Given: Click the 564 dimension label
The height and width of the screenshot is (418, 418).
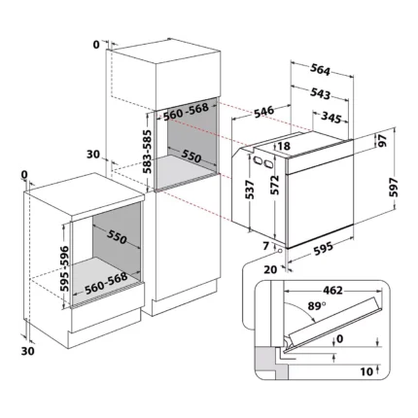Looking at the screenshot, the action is tap(320, 70).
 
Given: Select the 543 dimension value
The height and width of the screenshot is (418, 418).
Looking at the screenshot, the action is tap(320, 93).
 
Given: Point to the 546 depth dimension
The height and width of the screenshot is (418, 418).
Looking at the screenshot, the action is tap(263, 112).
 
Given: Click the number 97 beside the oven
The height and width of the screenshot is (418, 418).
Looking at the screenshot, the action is tap(383, 140).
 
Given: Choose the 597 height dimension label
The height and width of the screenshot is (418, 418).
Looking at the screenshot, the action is tap(393, 187).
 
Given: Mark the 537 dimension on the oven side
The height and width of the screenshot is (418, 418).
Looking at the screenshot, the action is tap(250, 190).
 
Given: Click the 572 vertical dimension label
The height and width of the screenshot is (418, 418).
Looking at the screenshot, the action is tap(274, 185).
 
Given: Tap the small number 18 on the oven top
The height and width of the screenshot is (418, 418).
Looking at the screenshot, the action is tap(284, 146).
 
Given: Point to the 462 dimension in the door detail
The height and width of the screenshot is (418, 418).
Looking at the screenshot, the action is tap(332, 291).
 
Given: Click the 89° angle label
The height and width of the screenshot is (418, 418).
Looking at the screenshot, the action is tap(316, 305).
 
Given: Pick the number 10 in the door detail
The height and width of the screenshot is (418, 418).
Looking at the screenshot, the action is tap(366, 371).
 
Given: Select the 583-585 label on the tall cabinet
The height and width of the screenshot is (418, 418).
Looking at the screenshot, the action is tap(148, 152).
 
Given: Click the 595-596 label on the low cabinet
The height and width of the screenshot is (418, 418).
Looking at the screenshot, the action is tap(64, 268).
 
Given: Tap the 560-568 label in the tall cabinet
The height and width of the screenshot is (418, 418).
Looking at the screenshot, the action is tap(186, 111).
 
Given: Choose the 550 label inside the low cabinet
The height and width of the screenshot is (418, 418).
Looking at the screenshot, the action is tap(117, 237).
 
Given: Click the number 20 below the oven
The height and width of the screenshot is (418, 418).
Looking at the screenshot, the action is tap(270, 269).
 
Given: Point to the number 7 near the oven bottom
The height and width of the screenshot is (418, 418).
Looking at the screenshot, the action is tap(266, 246).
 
